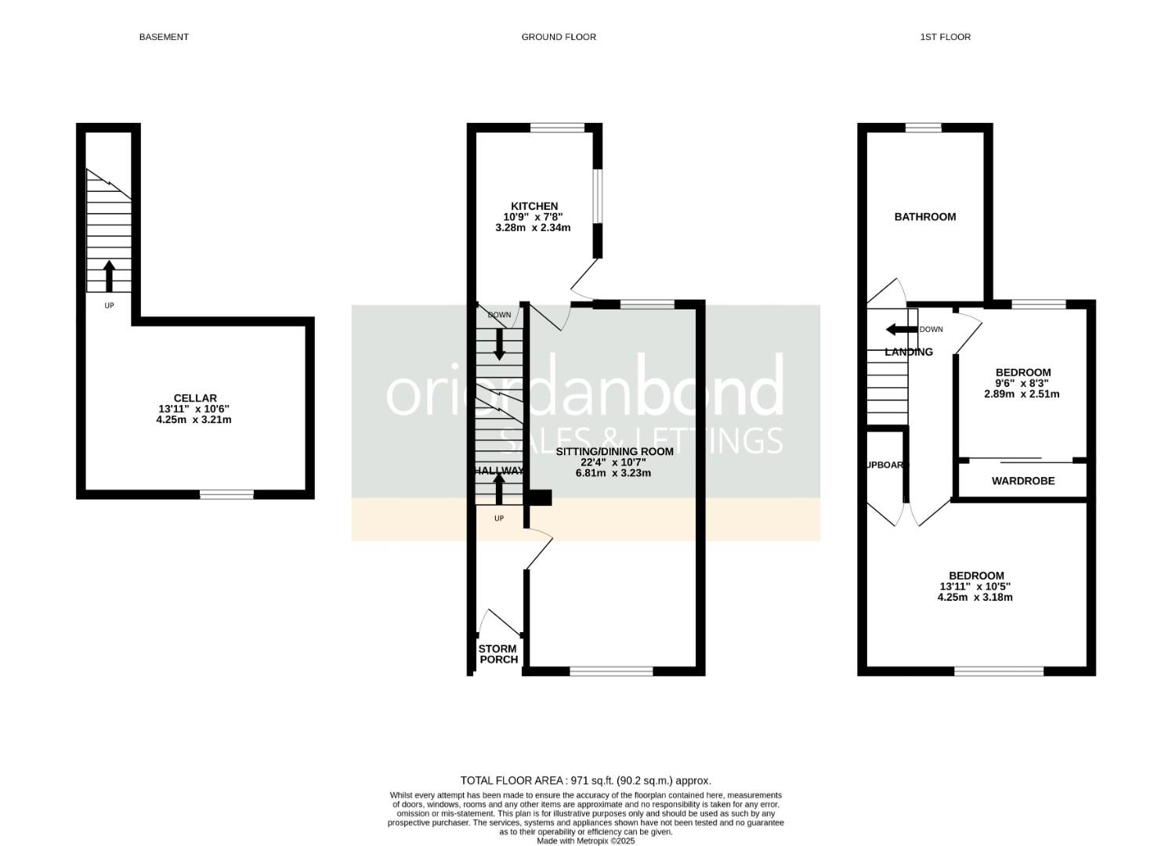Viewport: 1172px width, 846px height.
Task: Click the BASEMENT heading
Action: pos(164,37)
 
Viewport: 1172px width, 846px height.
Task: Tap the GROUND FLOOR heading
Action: pos(559,37)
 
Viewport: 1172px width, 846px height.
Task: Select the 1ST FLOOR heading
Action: pos(945,37)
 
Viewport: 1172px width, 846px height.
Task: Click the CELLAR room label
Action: pos(195,398)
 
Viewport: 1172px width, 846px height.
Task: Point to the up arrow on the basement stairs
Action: pos(109,276)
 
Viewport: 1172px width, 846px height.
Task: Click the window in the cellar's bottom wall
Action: pos(226,494)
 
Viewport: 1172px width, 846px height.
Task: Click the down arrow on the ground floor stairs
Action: pos(499,345)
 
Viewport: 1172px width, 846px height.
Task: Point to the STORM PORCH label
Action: pos(498,654)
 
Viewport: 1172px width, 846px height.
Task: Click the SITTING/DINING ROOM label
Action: pos(615,452)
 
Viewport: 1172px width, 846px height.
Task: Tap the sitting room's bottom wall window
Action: pos(611,671)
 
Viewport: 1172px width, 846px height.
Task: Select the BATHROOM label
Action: pos(925,217)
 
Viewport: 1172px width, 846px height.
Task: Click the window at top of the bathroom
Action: pos(924,128)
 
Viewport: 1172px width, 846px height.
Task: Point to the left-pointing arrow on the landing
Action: pos(900,330)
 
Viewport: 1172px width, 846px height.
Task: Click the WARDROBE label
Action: pos(1023,481)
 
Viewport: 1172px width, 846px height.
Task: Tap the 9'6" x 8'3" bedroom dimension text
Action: pos(1022,383)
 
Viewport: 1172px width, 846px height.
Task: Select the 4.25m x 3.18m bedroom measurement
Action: pos(975,598)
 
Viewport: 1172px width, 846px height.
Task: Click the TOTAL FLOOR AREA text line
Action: pos(585,780)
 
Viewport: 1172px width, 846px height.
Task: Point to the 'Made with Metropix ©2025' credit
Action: pos(585,841)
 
